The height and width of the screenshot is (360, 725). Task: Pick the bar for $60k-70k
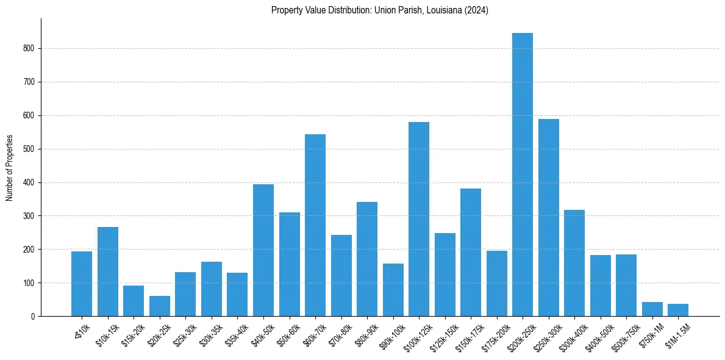tap(315, 225)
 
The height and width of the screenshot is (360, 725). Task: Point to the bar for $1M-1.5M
tap(678, 310)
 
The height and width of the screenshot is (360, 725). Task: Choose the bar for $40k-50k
tap(263, 250)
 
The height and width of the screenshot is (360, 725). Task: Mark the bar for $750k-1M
tap(652, 309)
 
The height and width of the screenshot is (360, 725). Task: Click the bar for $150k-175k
tap(471, 253)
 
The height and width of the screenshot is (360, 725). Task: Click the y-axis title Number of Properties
tap(9, 168)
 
